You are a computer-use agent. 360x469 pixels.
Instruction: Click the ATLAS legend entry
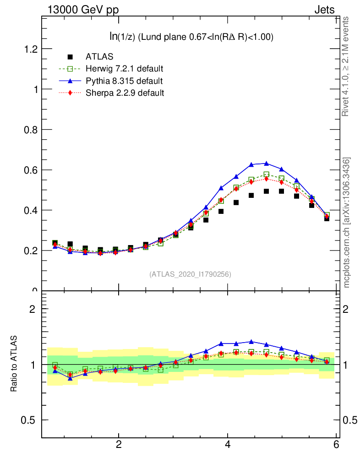pyautogui.click(x=99, y=57)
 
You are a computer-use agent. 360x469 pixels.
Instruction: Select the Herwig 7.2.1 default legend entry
pyautogui.click(x=124, y=69)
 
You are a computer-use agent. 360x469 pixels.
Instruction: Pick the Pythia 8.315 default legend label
pyautogui.click(x=124, y=81)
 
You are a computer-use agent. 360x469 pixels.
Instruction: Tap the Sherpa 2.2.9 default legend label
pyautogui.click(x=125, y=93)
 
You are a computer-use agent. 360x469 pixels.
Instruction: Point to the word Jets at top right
pyautogui.click(x=324, y=10)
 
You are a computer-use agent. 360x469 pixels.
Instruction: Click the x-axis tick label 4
pyautogui.click(x=228, y=445)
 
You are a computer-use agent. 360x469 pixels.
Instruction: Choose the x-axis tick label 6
pyautogui.click(x=337, y=445)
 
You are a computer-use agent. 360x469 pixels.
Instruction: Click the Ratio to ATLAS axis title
pyautogui.click(x=14, y=364)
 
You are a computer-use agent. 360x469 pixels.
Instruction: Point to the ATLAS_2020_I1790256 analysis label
pyautogui.click(x=190, y=274)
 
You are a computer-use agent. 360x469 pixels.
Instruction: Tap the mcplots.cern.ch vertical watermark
pyautogui.click(x=347, y=223)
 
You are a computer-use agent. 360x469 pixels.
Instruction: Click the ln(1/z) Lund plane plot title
pyautogui.click(x=189, y=37)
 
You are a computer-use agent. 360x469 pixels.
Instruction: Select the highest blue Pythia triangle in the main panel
pyautogui.click(x=267, y=163)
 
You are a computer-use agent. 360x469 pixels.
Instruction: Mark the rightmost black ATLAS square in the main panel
pyautogui.click(x=327, y=218)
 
